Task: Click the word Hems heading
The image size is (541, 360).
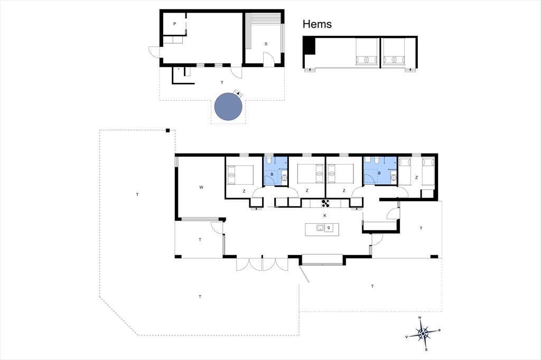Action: click(317, 24)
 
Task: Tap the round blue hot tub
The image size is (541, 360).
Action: click(228, 107)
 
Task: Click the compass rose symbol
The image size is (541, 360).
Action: click(423, 334)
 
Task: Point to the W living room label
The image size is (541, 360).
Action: click(201, 187)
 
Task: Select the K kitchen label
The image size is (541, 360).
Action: click(325, 215)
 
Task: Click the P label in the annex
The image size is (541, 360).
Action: click(174, 24)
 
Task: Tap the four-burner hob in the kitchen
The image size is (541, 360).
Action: click(325, 203)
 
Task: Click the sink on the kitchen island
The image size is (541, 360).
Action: click(320, 228)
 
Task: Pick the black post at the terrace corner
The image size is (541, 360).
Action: click(167, 130)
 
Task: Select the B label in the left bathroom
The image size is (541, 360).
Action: click(272, 175)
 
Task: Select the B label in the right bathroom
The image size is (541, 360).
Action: click(379, 173)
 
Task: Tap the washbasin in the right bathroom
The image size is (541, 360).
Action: click(393, 177)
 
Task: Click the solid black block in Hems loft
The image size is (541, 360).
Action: click(310, 46)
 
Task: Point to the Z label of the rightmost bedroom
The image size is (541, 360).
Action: click(416, 177)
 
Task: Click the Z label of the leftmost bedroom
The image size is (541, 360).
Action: click(244, 191)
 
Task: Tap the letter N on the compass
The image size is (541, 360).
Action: click(419, 318)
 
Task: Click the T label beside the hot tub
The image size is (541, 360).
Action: click(222, 82)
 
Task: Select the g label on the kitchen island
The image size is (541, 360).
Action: click(329, 227)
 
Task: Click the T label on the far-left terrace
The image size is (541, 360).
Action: click(137, 194)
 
